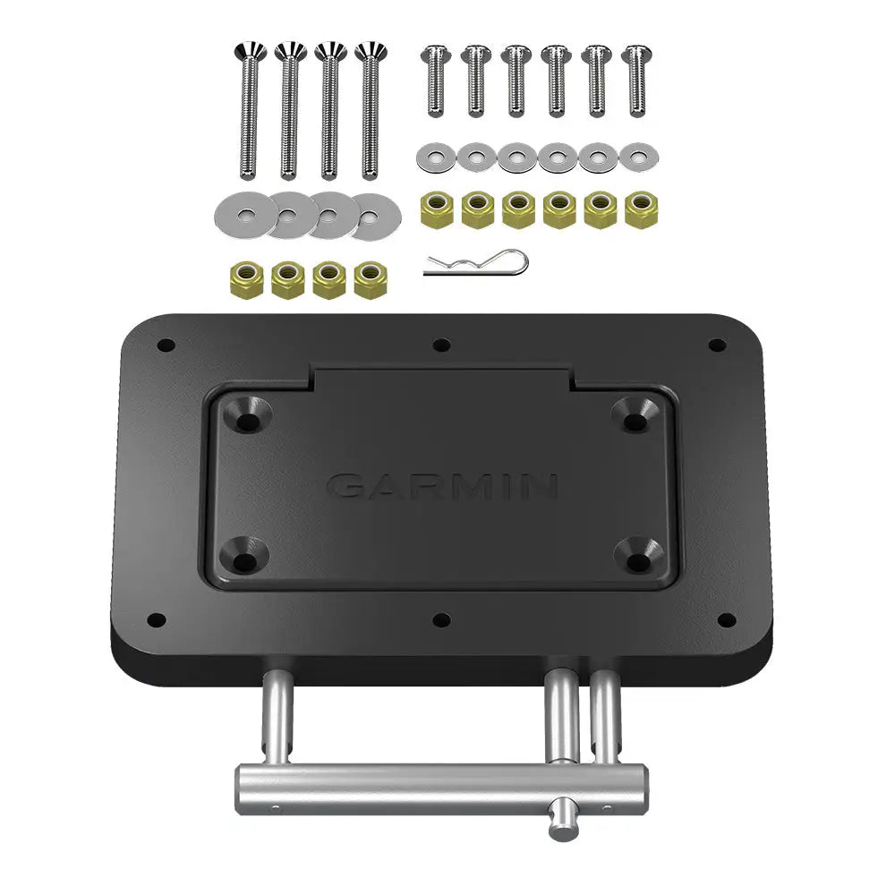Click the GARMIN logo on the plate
443,486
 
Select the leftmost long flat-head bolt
249,112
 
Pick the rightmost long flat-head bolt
370,112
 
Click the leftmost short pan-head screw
435,81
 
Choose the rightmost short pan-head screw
636,81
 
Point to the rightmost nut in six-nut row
640,209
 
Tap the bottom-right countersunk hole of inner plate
641,558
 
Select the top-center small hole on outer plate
439,344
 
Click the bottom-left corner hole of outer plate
157,618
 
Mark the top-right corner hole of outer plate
716,344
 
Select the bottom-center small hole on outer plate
441,619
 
